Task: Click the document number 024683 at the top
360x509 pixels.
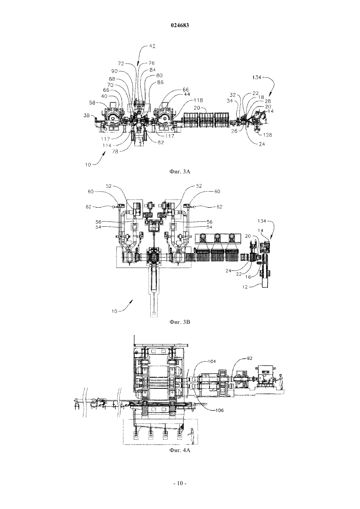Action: pos(180,26)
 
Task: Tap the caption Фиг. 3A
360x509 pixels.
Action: pos(180,171)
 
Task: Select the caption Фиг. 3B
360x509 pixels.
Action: pos(180,322)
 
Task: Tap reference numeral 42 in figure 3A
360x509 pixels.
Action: pos(152,46)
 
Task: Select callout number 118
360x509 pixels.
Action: pos(198,100)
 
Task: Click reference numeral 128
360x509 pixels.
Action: pos(267,135)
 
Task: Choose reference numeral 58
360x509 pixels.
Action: pos(92,103)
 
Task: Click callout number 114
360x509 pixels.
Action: pos(107,146)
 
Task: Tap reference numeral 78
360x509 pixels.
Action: pos(115,151)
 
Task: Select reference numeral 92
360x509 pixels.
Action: pos(249,358)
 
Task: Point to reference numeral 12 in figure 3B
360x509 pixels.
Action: pos(244,287)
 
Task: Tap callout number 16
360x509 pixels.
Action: pos(248,277)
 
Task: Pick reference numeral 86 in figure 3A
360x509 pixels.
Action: pos(160,82)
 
